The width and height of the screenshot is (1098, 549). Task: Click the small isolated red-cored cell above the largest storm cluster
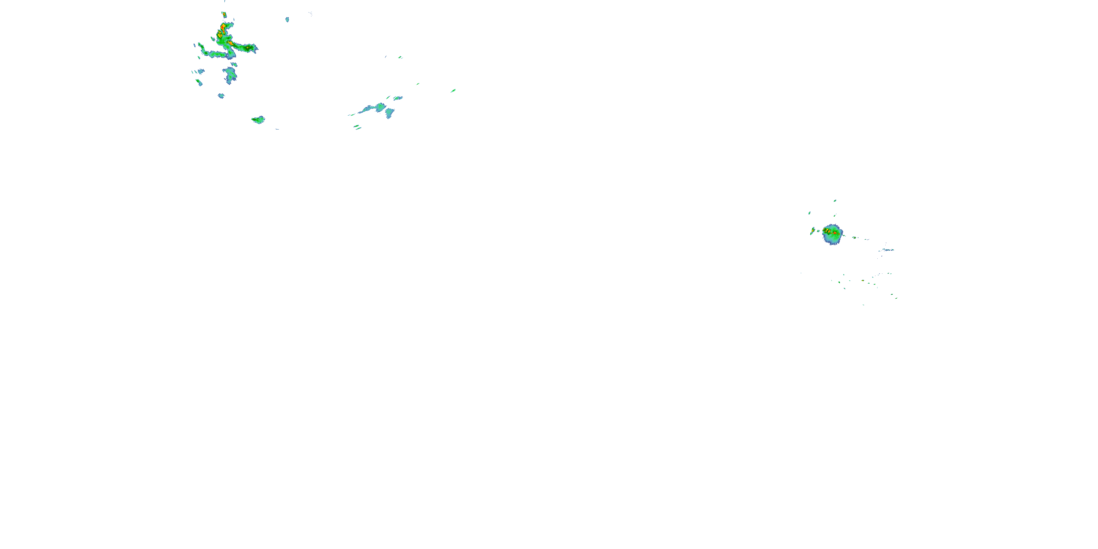pyautogui.click(x=224, y=15)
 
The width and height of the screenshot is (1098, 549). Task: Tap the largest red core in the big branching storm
pyautogui.click(x=222, y=28)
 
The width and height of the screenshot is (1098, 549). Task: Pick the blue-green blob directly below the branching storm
pyautogui.click(x=231, y=75)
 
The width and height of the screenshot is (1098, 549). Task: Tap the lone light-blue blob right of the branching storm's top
pyautogui.click(x=287, y=19)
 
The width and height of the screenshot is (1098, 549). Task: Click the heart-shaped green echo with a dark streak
pyautogui.click(x=258, y=120)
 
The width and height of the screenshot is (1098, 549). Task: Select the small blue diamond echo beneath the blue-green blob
pyautogui.click(x=221, y=96)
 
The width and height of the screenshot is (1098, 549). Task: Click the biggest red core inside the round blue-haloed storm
pyautogui.click(x=834, y=233)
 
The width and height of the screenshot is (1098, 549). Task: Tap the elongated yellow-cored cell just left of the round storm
pyautogui.click(x=813, y=231)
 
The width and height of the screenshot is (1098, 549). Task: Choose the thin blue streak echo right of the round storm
pyautogui.click(x=888, y=250)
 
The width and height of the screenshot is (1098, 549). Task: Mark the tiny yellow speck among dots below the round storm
pyautogui.click(x=863, y=281)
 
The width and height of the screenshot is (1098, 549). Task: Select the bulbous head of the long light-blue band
pyautogui.click(x=380, y=107)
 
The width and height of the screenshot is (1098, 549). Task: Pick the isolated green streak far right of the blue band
pyautogui.click(x=453, y=90)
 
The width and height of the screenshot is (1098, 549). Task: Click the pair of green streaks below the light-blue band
pyautogui.click(x=358, y=127)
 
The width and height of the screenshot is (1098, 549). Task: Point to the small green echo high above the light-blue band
pyautogui.click(x=400, y=57)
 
